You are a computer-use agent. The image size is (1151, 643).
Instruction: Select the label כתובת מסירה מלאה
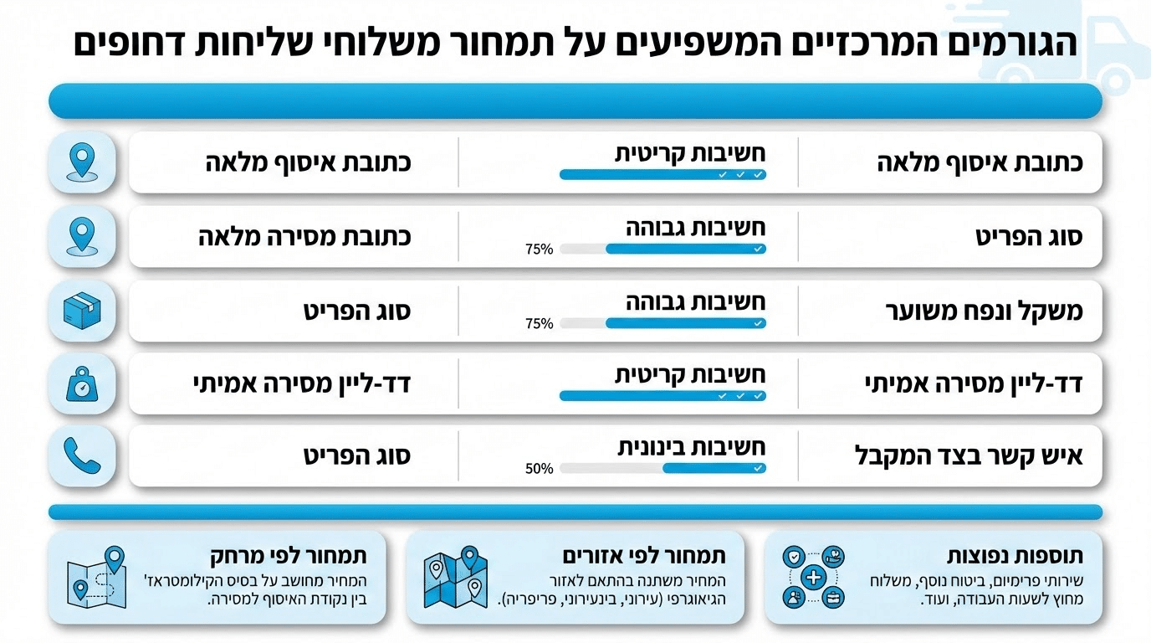tap(304, 236)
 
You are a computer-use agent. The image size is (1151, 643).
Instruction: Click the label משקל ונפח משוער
tap(984, 311)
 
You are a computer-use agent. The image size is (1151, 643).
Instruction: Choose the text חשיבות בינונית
tap(691, 447)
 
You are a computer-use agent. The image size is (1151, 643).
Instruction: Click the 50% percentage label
tap(539, 469)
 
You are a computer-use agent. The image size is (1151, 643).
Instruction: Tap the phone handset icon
tap(82, 456)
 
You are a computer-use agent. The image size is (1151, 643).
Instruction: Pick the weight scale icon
tap(82, 383)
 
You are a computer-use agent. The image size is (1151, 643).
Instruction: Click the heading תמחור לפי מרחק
tap(288, 556)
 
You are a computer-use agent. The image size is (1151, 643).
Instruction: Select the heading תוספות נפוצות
tap(1015, 556)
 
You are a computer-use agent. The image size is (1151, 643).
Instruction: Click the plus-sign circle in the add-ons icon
tap(813, 577)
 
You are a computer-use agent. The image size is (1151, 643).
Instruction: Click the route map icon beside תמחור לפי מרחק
tap(97, 578)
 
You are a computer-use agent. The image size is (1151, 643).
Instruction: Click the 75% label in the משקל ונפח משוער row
tap(539, 323)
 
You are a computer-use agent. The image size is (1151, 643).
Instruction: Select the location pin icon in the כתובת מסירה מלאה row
tap(82, 236)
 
